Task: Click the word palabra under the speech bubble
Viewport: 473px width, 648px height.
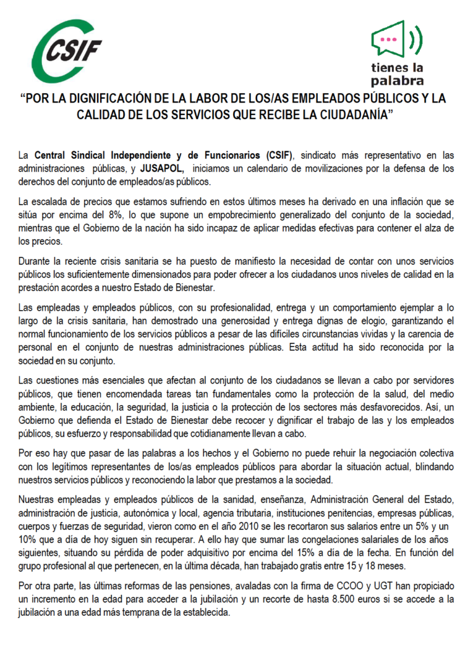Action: click(x=398, y=81)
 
